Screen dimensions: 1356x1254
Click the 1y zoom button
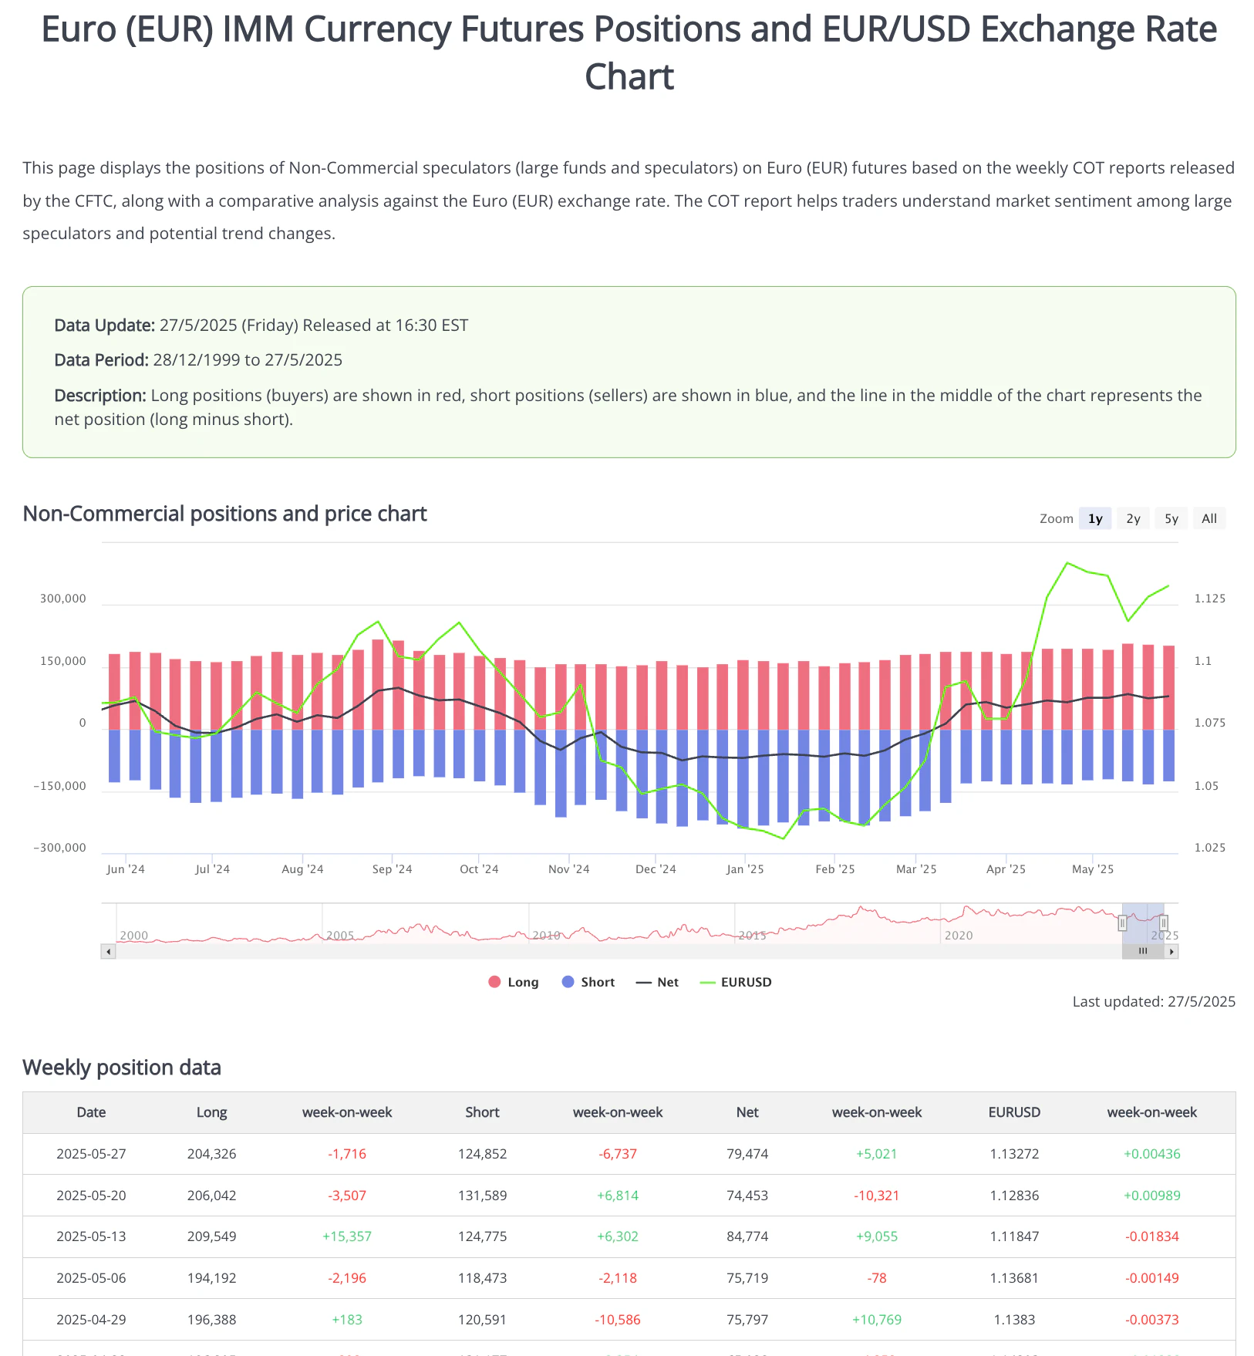point(1095,519)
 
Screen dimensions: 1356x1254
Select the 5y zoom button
point(1171,519)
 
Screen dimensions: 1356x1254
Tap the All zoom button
point(1209,519)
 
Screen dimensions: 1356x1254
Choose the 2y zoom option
point(1133,519)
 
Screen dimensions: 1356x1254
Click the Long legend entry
point(514,982)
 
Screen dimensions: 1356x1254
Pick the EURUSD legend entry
point(736,982)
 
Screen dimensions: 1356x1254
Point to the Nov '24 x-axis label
point(568,869)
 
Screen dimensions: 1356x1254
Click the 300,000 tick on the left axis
point(63,599)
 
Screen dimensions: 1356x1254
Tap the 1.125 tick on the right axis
point(1209,599)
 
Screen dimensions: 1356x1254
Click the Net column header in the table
point(747,1112)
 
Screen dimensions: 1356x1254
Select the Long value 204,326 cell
point(211,1154)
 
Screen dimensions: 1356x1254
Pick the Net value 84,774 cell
point(747,1236)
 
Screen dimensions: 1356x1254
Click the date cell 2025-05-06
point(91,1278)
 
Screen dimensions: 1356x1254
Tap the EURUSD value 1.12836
point(1014,1196)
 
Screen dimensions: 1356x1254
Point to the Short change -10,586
point(618,1320)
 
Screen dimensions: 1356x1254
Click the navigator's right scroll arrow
point(1171,952)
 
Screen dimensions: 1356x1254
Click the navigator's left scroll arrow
point(109,952)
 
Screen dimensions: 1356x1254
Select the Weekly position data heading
point(122,1068)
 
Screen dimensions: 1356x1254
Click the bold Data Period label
point(101,360)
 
